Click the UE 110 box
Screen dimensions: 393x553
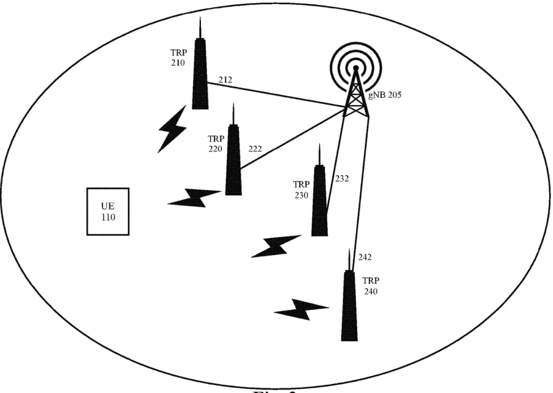[x=108, y=212]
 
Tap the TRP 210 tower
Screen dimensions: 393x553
[x=200, y=76]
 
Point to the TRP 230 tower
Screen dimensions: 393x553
[x=320, y=202]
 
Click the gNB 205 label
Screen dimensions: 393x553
[x=385, y=95]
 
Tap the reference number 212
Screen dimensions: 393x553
[x=225, y=80]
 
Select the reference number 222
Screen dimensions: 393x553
[x=255, y=149]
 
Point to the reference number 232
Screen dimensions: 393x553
[x=342, y=178]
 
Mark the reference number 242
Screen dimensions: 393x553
[x=365, y=258]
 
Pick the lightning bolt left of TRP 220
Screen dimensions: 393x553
[x=194, y=198]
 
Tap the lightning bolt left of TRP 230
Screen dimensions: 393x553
[x=276, y=246]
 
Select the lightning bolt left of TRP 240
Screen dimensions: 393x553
[x=301, y=309]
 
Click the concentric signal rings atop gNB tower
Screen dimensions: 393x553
[x=356, y=67]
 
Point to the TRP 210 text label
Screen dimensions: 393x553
[x=178, y=58]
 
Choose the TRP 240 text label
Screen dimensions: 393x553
[x=370, y=286]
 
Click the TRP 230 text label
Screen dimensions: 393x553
[x=301, y=190]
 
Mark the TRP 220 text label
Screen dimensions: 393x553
[x=215, y=144]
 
